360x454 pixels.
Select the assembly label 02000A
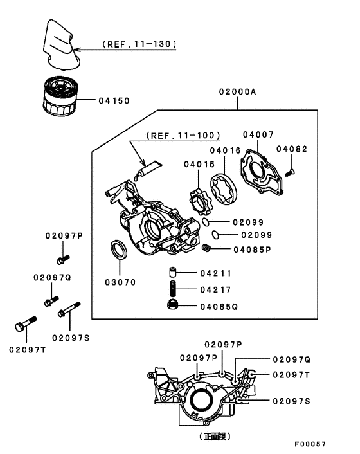pos(237,93)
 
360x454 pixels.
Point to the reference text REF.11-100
pos(183,136)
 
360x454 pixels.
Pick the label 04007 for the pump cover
pos(258,134)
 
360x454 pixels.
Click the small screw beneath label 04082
pos(291,172)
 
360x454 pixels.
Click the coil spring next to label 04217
pos(172,289)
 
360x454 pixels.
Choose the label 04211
pos(215,273)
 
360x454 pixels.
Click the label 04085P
pos(253,249)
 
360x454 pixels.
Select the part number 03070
pos(121,282)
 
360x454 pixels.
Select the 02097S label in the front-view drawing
pos(291,401)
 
